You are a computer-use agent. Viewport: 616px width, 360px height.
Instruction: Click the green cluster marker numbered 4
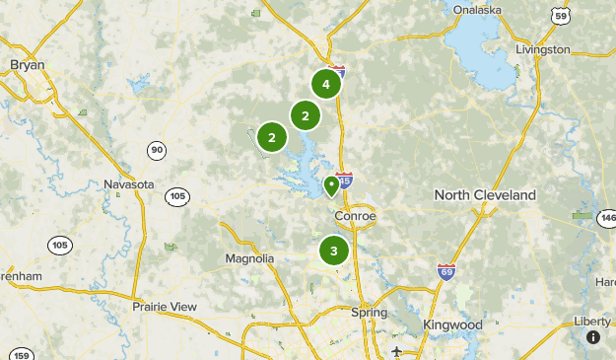tap(325, 85)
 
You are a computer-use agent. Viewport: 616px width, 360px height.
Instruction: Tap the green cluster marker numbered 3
tap(334, 251)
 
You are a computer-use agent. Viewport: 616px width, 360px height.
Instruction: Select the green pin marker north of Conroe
tap(332, 184)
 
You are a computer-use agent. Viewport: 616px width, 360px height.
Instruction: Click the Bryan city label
tap(28, 65)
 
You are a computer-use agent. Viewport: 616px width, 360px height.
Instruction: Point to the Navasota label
tap(129, 184)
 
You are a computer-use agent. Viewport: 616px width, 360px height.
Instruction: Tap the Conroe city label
tap(355, 216)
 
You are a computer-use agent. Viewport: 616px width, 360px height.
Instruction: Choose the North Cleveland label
tap(485, 195)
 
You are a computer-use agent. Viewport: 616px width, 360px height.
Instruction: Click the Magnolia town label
tap(249, 258)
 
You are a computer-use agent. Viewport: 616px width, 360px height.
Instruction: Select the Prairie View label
tap(165, 307)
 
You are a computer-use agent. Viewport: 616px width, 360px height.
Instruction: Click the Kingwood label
tap(451, 324)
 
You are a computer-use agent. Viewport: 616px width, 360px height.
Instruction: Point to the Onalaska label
tap(477, 10)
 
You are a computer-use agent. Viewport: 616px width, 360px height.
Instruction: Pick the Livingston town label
tap(542, 49)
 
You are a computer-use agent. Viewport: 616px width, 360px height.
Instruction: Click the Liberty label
tap(592, 322)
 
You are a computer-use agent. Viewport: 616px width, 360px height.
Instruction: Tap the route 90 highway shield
tap(157, 150)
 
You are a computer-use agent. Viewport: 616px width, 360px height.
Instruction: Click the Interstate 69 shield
tap(446, 270)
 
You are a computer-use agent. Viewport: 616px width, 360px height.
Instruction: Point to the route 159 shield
tap(22, 354)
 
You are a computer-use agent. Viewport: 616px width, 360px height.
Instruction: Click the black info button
tap(593, 337)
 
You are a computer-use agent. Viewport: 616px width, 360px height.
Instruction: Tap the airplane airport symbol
tap(396, 351)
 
